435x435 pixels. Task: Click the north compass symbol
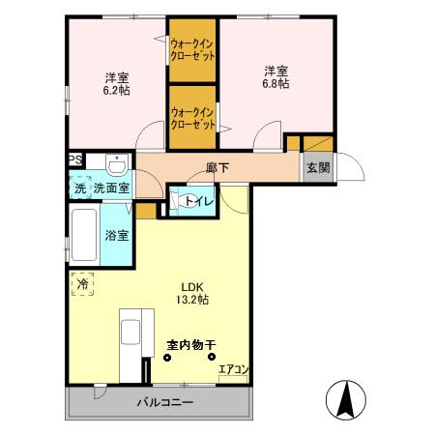pyautogui.click(x=346, y=400)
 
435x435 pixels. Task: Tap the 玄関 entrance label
pyautogui.click(x=318, y=167)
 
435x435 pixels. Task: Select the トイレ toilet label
pyautogui.click(x=199, y=201)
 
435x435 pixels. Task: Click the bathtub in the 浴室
pyautogui.click(x=84, y=235)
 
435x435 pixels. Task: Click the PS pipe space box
pyautogui.click(x=76, y=159)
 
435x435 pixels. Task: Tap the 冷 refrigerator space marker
pyautogui.click(x=82, y=284)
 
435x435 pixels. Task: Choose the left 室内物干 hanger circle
pyautogui.click(x=167, y=357)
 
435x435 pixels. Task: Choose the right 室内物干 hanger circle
pyautogui.click(x=212, y=357)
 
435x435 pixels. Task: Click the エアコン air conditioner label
pyautogui.click(x=234, y=369)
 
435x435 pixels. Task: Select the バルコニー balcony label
pyautogui.click(x=165, y=402)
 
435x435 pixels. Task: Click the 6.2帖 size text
pyautogui.click(x=116, y=91)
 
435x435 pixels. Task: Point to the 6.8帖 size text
pyautogui.click(x=275, y=84)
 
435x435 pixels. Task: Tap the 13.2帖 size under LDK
pyautogui.click(x=192, y=300)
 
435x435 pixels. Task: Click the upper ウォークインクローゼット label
pyautogui.click(x=192, y=50)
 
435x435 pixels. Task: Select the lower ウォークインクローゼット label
pyautogui.click(x=192, y=118)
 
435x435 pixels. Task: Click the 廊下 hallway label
pyautogui.click(x=217, y=167)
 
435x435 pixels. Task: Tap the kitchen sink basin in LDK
pyautogui.click(x=130, y=332)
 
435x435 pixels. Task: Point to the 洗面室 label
pyautogui.click(x=111, y=188)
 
